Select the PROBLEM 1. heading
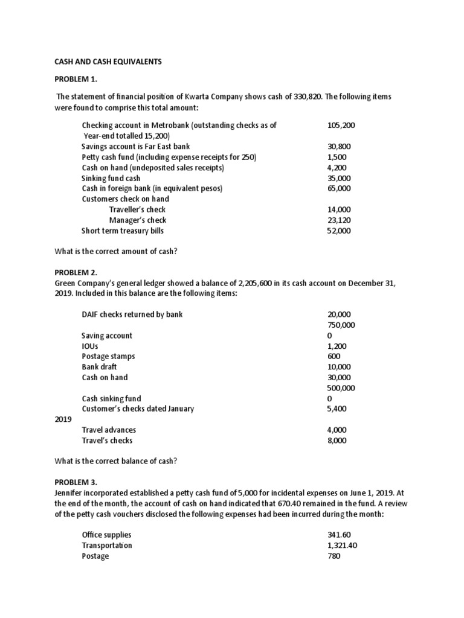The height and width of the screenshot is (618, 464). tap(72, 79)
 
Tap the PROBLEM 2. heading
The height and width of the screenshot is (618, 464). tap(72, 272)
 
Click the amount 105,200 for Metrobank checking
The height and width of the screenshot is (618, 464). tap(341, 125)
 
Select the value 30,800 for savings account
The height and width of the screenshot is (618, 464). tap(339, 147)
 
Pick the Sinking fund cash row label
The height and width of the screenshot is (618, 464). tap(111, 178)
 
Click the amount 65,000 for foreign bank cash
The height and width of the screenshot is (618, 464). tap(339, 188)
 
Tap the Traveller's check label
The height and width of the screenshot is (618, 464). tap(137, 209)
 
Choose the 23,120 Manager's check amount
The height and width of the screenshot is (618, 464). tap(339, 220)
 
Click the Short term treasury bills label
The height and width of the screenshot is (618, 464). tap(123, 231)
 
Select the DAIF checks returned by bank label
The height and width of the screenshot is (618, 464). tap(132, 314)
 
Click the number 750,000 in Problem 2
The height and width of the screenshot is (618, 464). tap(341, 325)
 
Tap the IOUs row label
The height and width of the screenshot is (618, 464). tap(90, 346)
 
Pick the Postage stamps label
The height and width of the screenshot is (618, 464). tap(108, 356)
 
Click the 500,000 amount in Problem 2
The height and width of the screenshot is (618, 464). tap(341, 388)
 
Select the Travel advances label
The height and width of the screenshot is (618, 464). tap(109, 430)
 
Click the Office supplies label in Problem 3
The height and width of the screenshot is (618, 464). tap(106, 535)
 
